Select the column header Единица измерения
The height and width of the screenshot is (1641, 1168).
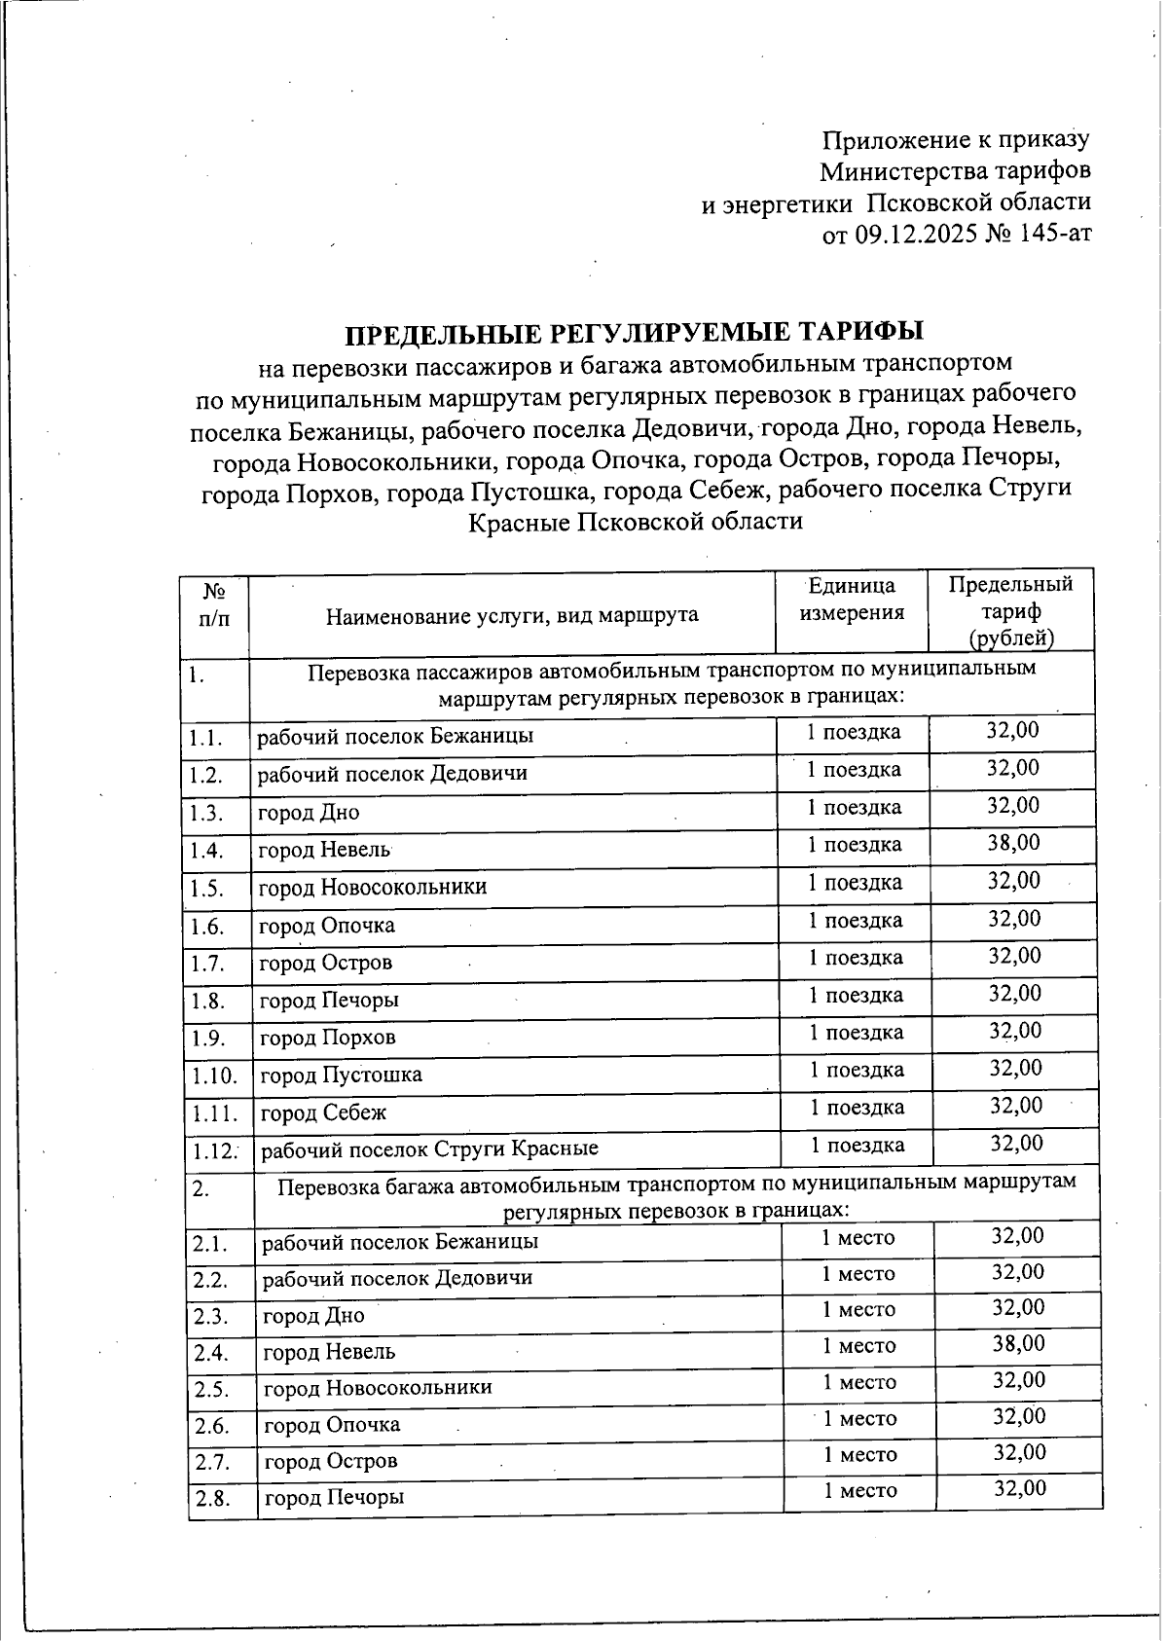852,599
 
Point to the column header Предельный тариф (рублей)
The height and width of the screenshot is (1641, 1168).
1011,610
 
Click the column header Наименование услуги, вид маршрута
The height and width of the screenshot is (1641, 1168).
512,615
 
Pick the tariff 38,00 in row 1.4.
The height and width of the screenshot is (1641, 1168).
1013,843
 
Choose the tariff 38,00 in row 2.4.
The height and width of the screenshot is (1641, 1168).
1019,1344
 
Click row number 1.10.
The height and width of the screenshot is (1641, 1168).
214,1076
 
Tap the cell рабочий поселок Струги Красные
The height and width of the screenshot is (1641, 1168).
429,1149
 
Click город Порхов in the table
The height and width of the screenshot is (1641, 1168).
328,1038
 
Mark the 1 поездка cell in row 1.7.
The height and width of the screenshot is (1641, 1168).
856,958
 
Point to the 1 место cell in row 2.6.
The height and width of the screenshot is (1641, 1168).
859,1418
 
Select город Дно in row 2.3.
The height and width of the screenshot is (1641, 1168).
313,1316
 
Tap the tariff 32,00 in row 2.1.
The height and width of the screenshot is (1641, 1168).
1017,1236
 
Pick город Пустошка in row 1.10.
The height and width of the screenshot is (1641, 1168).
341,1075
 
